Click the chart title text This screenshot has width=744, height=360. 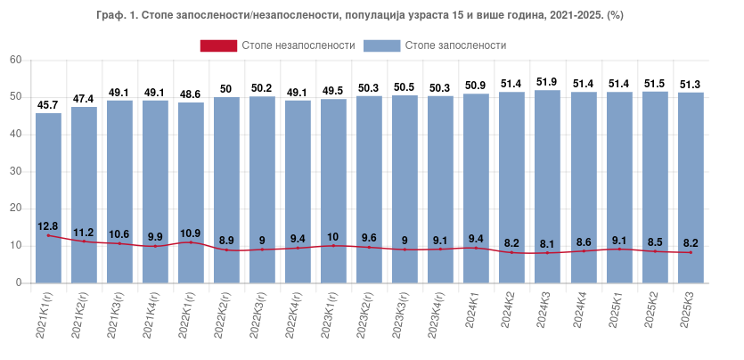coord(371,16)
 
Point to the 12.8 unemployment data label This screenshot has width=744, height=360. coord(48,225)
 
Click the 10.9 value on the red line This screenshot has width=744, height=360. coord(191,233)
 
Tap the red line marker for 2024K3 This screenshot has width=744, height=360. coord(548,253)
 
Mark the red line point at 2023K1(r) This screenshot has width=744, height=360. coord(333,246)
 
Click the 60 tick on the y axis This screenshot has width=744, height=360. coord(15,60)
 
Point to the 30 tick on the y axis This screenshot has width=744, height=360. coord(15,171)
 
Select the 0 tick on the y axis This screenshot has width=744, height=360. coord(18,282)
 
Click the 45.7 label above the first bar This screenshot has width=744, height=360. coord(48,105)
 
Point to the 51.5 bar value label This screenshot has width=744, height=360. coord(655,84)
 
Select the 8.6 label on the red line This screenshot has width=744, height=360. coord(584,241)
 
